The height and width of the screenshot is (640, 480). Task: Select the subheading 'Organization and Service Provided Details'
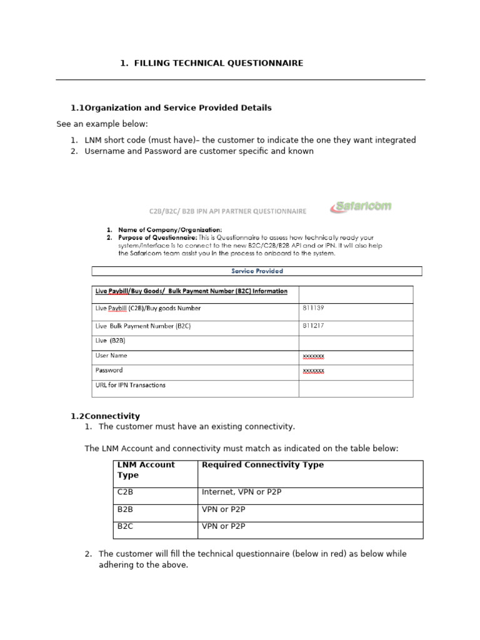tap(178, 108)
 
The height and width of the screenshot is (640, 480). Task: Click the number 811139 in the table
tap(313, 308)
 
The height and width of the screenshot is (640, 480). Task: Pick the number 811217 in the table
tap(313, 326)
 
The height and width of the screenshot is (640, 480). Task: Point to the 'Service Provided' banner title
tap(257, 271)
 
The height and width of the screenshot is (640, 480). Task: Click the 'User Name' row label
tap(111, 356)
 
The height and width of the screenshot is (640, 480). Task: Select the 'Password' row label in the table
tap(109, 370)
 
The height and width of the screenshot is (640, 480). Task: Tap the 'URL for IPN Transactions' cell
tap(130, 385)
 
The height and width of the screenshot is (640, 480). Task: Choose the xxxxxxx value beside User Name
tap(313, 356)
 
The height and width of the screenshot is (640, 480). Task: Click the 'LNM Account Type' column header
tap(146, 470)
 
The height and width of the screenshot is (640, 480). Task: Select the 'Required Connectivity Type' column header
tap(262, 465)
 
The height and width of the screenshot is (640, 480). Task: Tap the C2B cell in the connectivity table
tap(125, 492)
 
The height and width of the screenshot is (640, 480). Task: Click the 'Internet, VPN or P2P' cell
tap(242, 492)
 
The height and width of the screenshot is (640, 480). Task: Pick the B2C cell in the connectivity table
tap(125, 526)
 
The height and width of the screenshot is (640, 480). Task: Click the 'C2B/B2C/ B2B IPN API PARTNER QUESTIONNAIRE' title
tap(219, 211)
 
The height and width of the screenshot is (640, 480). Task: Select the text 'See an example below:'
tap(102, 124)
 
